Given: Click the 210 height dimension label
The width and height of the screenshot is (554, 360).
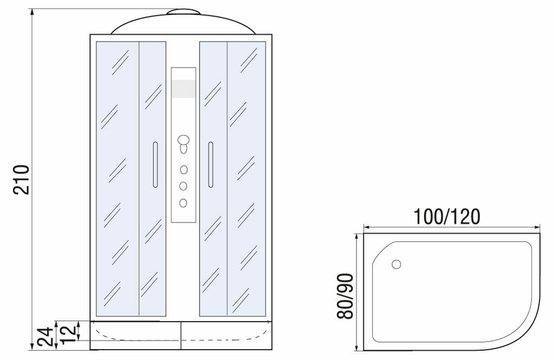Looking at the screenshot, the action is point(21,179).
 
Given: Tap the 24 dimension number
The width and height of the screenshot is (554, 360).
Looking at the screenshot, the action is point(45,337).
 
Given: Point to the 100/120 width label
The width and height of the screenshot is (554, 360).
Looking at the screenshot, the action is point(446,217).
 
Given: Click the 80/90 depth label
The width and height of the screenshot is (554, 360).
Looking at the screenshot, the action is point(345,296).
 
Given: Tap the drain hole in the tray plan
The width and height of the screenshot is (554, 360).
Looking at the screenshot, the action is point(397,264).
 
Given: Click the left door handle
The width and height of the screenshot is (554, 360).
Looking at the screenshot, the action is point(155,165).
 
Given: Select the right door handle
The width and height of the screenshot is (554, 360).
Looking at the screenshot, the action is point(210,165).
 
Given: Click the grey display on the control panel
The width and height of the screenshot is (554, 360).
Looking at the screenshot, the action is point(183,89).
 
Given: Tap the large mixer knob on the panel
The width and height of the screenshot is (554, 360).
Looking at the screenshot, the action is point(183,140).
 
